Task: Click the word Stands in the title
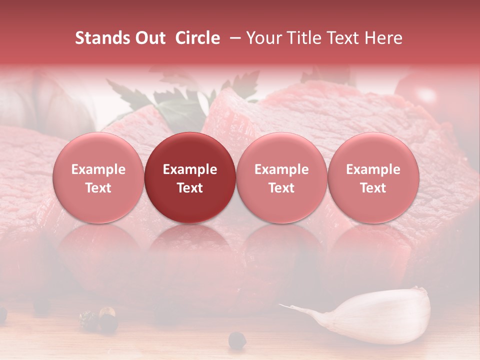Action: coord(103,38)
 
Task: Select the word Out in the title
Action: coord(149,38)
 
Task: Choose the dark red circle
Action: coord(190,177)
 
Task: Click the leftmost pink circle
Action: coord(98,177)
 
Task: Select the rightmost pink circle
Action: coord(373,177)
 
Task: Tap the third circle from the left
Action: coord(281,177)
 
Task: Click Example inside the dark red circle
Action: coord(190,169)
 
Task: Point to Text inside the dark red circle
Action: coord(190,188)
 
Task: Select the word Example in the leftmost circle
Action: coord(98,169)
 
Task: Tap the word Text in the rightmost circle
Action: coord(373,188)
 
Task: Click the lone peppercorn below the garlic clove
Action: coord(237,341)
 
